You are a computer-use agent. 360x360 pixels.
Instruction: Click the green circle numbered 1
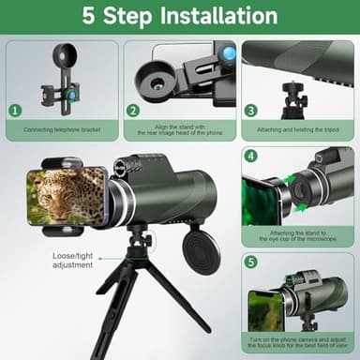tap(15, 110)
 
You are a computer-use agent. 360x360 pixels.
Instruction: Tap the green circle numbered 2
tap(133, 110)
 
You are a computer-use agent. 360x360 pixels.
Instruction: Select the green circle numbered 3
tap(251, 110)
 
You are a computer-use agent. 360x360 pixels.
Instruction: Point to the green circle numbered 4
tap(251, 155)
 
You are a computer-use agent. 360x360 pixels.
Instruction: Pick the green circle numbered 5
tap(251, 262)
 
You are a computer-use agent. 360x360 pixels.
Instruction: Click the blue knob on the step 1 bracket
tap(67, 93)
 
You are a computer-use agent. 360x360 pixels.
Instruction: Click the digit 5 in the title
tap(89, 16)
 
